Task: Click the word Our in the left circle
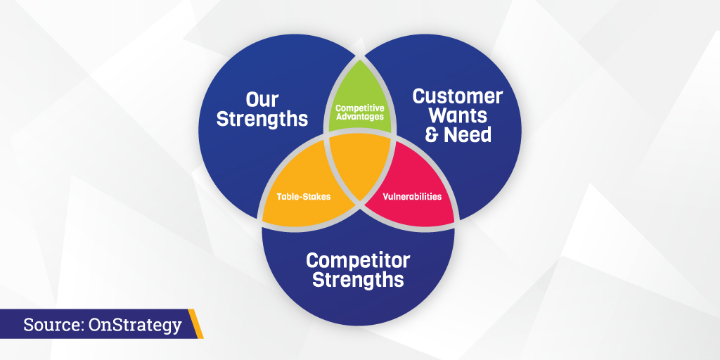262,99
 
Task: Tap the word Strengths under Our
262,119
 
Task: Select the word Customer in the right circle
458,96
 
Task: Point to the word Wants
458,116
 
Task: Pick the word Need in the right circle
468,135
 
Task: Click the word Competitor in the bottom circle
358,261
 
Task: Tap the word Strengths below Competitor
358,280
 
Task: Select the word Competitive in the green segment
359,108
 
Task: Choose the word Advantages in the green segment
359,117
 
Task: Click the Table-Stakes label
304,197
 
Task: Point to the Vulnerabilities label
412,197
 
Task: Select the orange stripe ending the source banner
195,323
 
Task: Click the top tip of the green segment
359,59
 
